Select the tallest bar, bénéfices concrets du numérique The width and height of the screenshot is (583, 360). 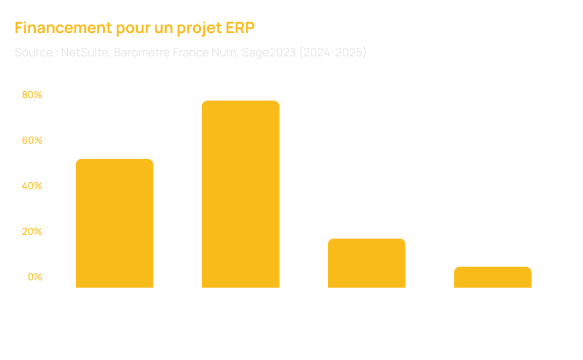point(241,194)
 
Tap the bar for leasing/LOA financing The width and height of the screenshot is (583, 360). point(367,262)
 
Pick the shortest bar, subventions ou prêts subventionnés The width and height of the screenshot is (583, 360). point(492,276)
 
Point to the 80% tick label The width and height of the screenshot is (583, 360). point(32,95)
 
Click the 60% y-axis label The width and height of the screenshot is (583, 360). point(32,141)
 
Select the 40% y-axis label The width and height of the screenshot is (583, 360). point(32,186)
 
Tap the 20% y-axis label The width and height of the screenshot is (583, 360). point(32,232)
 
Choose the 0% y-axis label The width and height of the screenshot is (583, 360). point(35,277)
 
